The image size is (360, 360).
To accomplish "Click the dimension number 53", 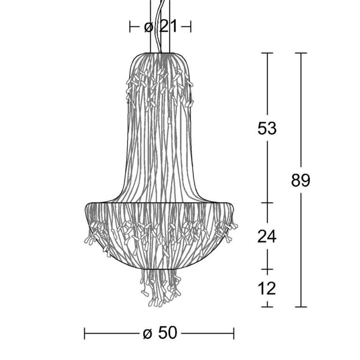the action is (267, 128).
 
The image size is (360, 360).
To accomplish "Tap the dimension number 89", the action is (300, 180).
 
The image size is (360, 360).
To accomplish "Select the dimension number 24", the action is (267, 236).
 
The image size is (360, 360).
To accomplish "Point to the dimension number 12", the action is (267, 288).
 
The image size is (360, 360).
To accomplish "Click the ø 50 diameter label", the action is (160, 333).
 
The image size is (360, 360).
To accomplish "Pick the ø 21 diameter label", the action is (161, 26).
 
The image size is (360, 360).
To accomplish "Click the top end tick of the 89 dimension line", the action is (301, 53).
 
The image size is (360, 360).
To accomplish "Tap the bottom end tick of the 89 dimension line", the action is (301, 307).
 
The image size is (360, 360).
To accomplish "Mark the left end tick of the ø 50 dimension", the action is (85, 333).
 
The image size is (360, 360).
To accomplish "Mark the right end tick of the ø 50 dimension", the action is (234, 333).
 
